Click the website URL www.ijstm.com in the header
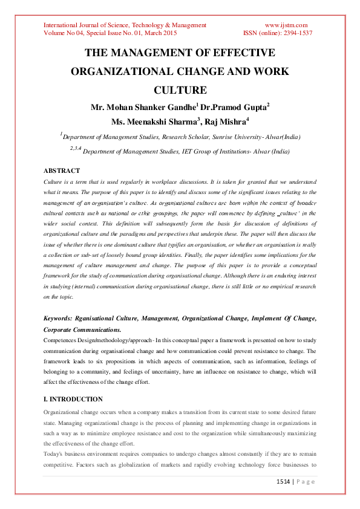tap(286, 25)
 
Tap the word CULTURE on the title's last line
tap(180, 91)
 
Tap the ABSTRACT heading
tap(61, 171)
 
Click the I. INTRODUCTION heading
tap(73, 400)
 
